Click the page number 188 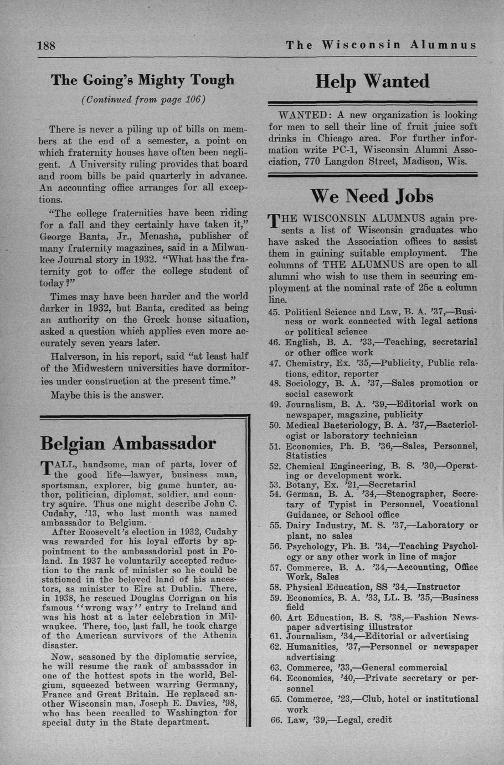point(46,45)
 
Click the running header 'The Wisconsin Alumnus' point(381,45)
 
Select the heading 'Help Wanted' point(372,81)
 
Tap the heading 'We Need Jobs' point(372,196)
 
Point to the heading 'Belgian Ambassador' point(128,443)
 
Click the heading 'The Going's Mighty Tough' point(143,80)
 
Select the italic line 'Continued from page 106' point(143,100)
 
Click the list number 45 point(274,312)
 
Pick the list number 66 point(275,720)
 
